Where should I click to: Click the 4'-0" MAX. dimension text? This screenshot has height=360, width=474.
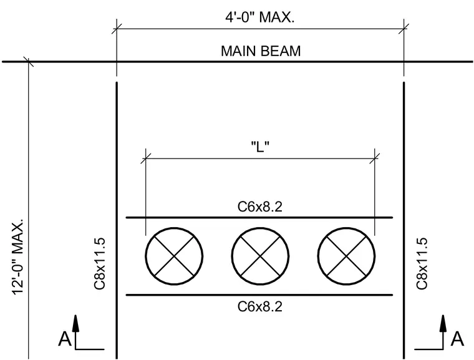click(x=260, y=17)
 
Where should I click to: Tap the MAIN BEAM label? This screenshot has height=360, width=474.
click(x=261, y=51)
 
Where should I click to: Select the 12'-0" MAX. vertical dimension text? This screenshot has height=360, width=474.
click(x=18, y=256)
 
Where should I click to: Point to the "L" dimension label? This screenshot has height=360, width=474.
click(x=260, y=147)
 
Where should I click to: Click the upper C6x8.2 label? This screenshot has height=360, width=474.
click(x=260, y=207)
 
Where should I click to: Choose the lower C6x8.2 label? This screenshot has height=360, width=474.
click(x=260, y=306)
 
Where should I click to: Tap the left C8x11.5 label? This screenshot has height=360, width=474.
click(x=100, y=263)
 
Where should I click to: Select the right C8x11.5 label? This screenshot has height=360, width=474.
click(x=422, y=263)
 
